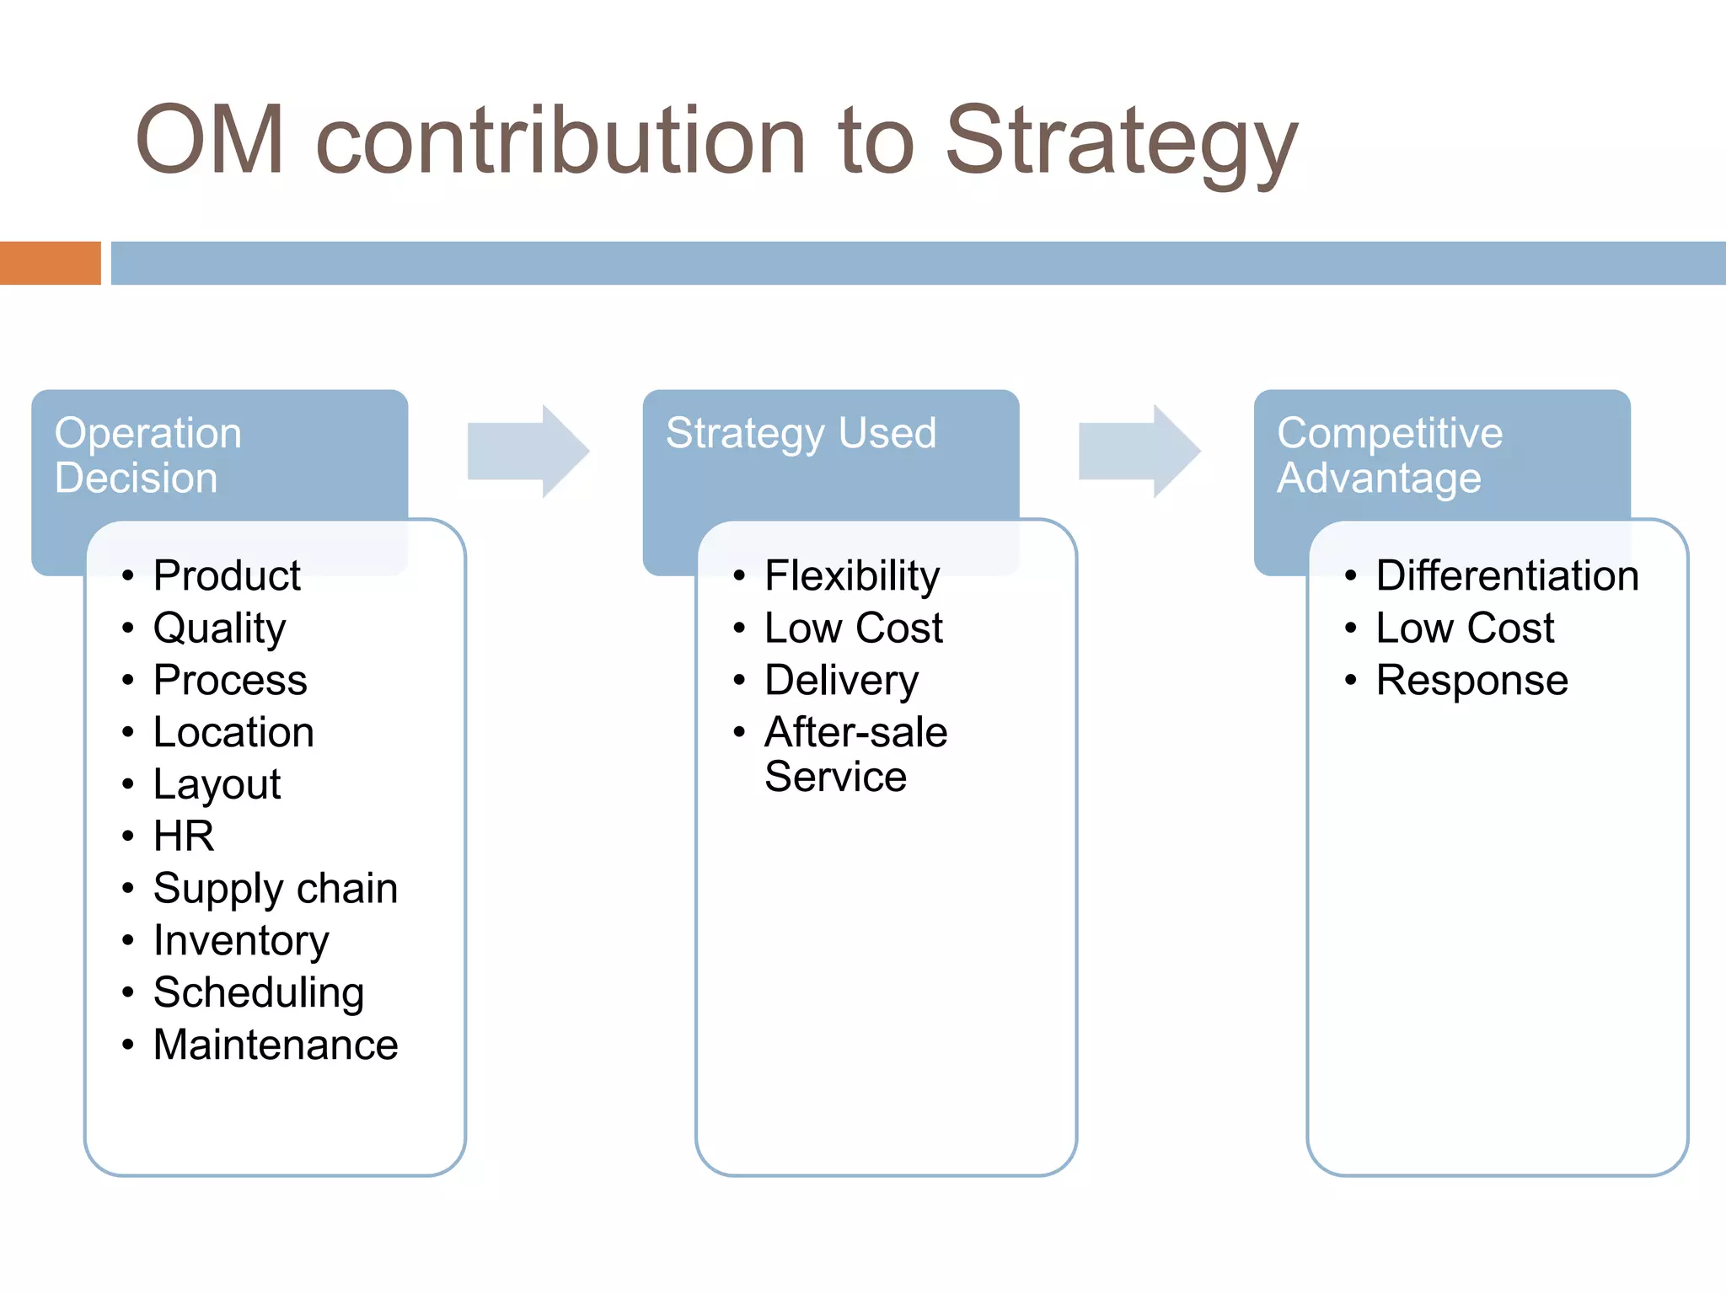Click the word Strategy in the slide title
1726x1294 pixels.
coord(1121,142)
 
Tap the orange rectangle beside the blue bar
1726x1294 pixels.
coord(50,263)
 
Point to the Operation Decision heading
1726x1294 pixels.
coord(148,455)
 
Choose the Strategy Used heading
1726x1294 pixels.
coord(801,434)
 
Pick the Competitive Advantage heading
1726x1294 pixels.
coord(1389,455)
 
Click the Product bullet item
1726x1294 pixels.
coord(227,576)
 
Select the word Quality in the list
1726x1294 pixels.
coord(219,628)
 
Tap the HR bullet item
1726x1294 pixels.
coord(184,837)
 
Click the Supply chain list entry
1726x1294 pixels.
coord(276,889)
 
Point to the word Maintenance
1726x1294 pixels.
coord(276,1045)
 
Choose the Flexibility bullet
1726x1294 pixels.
coord(852,576)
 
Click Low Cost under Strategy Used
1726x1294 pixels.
coord(854,628)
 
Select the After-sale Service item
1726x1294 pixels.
coord(855,754)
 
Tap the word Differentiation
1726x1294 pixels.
coord(1507,576)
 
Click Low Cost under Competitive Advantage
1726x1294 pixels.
coord(1465,628)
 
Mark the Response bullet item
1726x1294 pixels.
coord(1471,681)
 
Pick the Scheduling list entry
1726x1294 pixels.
coord(259,992)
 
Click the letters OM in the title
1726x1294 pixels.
coord(210,142)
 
